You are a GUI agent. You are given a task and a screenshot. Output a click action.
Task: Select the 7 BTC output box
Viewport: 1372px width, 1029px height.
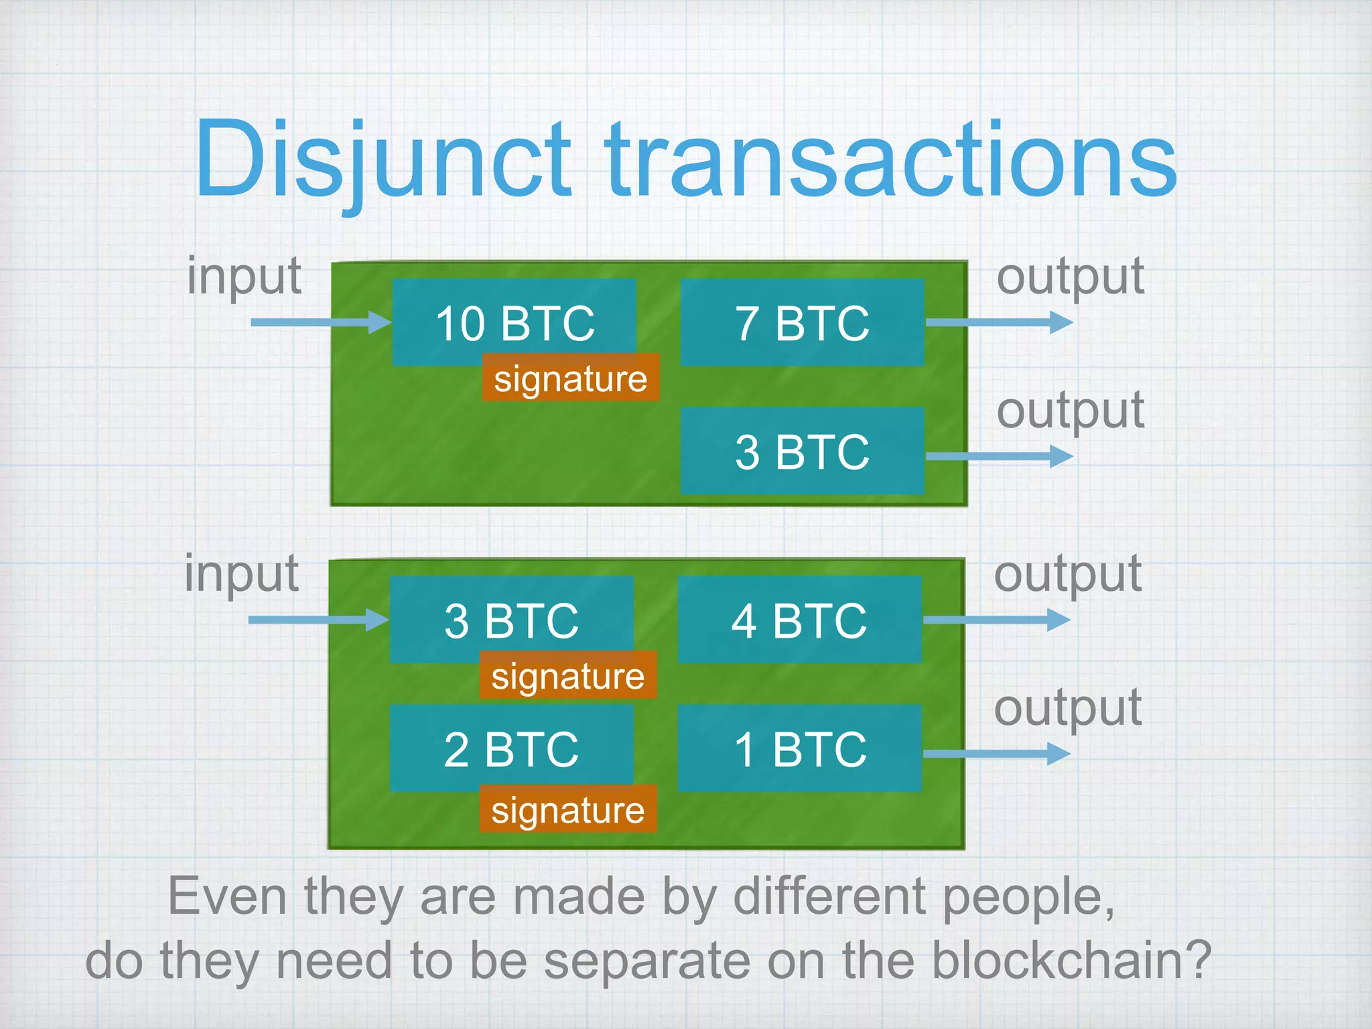click(x=802, y=322)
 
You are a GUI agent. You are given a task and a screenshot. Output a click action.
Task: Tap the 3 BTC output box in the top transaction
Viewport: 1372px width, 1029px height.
click(x=802, y=451)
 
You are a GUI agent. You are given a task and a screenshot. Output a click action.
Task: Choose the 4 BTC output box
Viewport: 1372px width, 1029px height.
click(x=799, y=620)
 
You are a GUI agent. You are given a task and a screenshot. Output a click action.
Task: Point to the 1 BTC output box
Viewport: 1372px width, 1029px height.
click(x=799, y=748)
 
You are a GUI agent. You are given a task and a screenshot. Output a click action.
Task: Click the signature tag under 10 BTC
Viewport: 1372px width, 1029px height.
click(x=571, y=378)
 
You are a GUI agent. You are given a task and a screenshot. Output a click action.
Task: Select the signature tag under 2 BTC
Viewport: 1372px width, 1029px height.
click(x=568, y=809)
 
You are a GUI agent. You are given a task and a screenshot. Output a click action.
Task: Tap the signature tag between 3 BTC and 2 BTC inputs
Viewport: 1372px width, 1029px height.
click(x=568, y=675)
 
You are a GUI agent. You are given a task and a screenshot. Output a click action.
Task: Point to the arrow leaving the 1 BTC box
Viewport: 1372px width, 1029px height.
click(x=997, y=754)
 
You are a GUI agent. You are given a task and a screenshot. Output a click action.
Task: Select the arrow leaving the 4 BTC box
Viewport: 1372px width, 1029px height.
click(x=997, y=620)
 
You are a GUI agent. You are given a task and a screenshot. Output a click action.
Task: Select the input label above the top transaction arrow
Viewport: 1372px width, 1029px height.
click(x=245, y=276)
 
